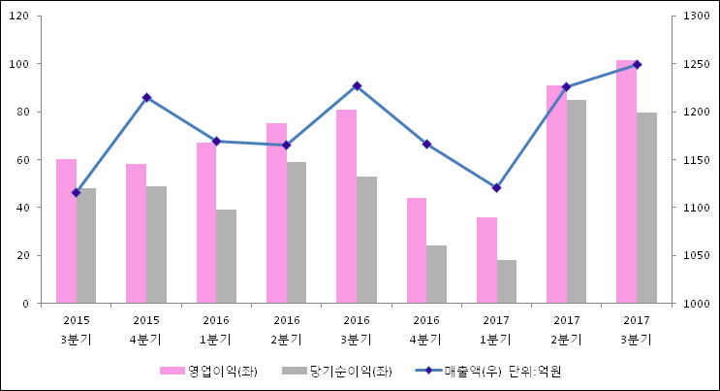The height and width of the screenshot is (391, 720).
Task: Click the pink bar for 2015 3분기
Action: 66,231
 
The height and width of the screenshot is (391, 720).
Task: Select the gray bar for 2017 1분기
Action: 507,281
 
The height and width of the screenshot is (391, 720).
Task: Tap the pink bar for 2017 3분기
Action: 626,181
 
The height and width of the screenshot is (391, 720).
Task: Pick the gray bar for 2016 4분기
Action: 436,274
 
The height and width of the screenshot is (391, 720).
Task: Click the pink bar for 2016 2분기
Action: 276,213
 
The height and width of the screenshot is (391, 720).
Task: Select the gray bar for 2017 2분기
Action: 577,202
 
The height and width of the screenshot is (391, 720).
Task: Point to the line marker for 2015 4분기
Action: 146,98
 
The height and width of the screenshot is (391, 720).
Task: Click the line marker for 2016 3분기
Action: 357,86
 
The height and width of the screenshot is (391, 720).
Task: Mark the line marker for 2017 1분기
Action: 496,188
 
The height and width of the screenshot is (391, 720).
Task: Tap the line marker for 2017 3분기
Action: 637,65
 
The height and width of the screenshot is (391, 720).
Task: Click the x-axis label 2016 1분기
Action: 216,330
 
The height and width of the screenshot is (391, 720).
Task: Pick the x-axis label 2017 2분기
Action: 566,330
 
